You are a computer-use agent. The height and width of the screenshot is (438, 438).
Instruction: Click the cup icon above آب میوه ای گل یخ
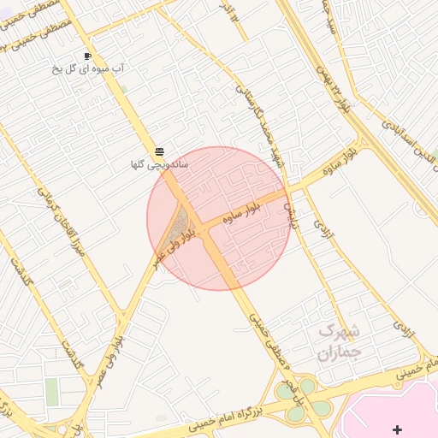coord(87,56)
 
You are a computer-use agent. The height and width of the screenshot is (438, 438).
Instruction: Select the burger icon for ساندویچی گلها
coord(160,151)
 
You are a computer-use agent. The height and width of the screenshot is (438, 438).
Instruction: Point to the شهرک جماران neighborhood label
coord(339,341)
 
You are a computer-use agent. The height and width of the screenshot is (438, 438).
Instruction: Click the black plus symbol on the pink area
coord(397,429)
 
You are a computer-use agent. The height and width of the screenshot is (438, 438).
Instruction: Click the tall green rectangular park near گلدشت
coord(53,392)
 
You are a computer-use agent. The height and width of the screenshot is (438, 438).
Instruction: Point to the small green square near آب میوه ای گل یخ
coord(124,89)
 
